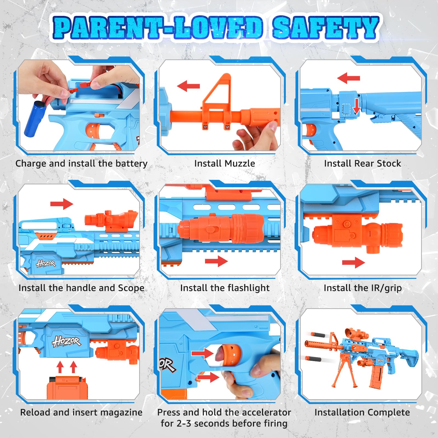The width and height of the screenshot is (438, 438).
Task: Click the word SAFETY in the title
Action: (326, 28)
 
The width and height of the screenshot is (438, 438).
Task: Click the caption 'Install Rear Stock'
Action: (362, 163)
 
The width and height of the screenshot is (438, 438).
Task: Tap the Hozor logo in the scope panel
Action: (46, 264)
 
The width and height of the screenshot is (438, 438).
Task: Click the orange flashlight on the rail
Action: (221, 228)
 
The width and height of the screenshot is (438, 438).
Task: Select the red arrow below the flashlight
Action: (216, 261)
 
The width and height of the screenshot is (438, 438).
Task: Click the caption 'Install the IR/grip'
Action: (363, 288)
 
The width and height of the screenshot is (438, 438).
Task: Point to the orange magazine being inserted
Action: (66, 387)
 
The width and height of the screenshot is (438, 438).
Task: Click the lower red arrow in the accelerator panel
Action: (208, 377)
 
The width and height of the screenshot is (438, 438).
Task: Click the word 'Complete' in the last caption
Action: (388, 413)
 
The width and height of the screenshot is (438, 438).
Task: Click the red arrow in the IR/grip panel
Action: (353, 263)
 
